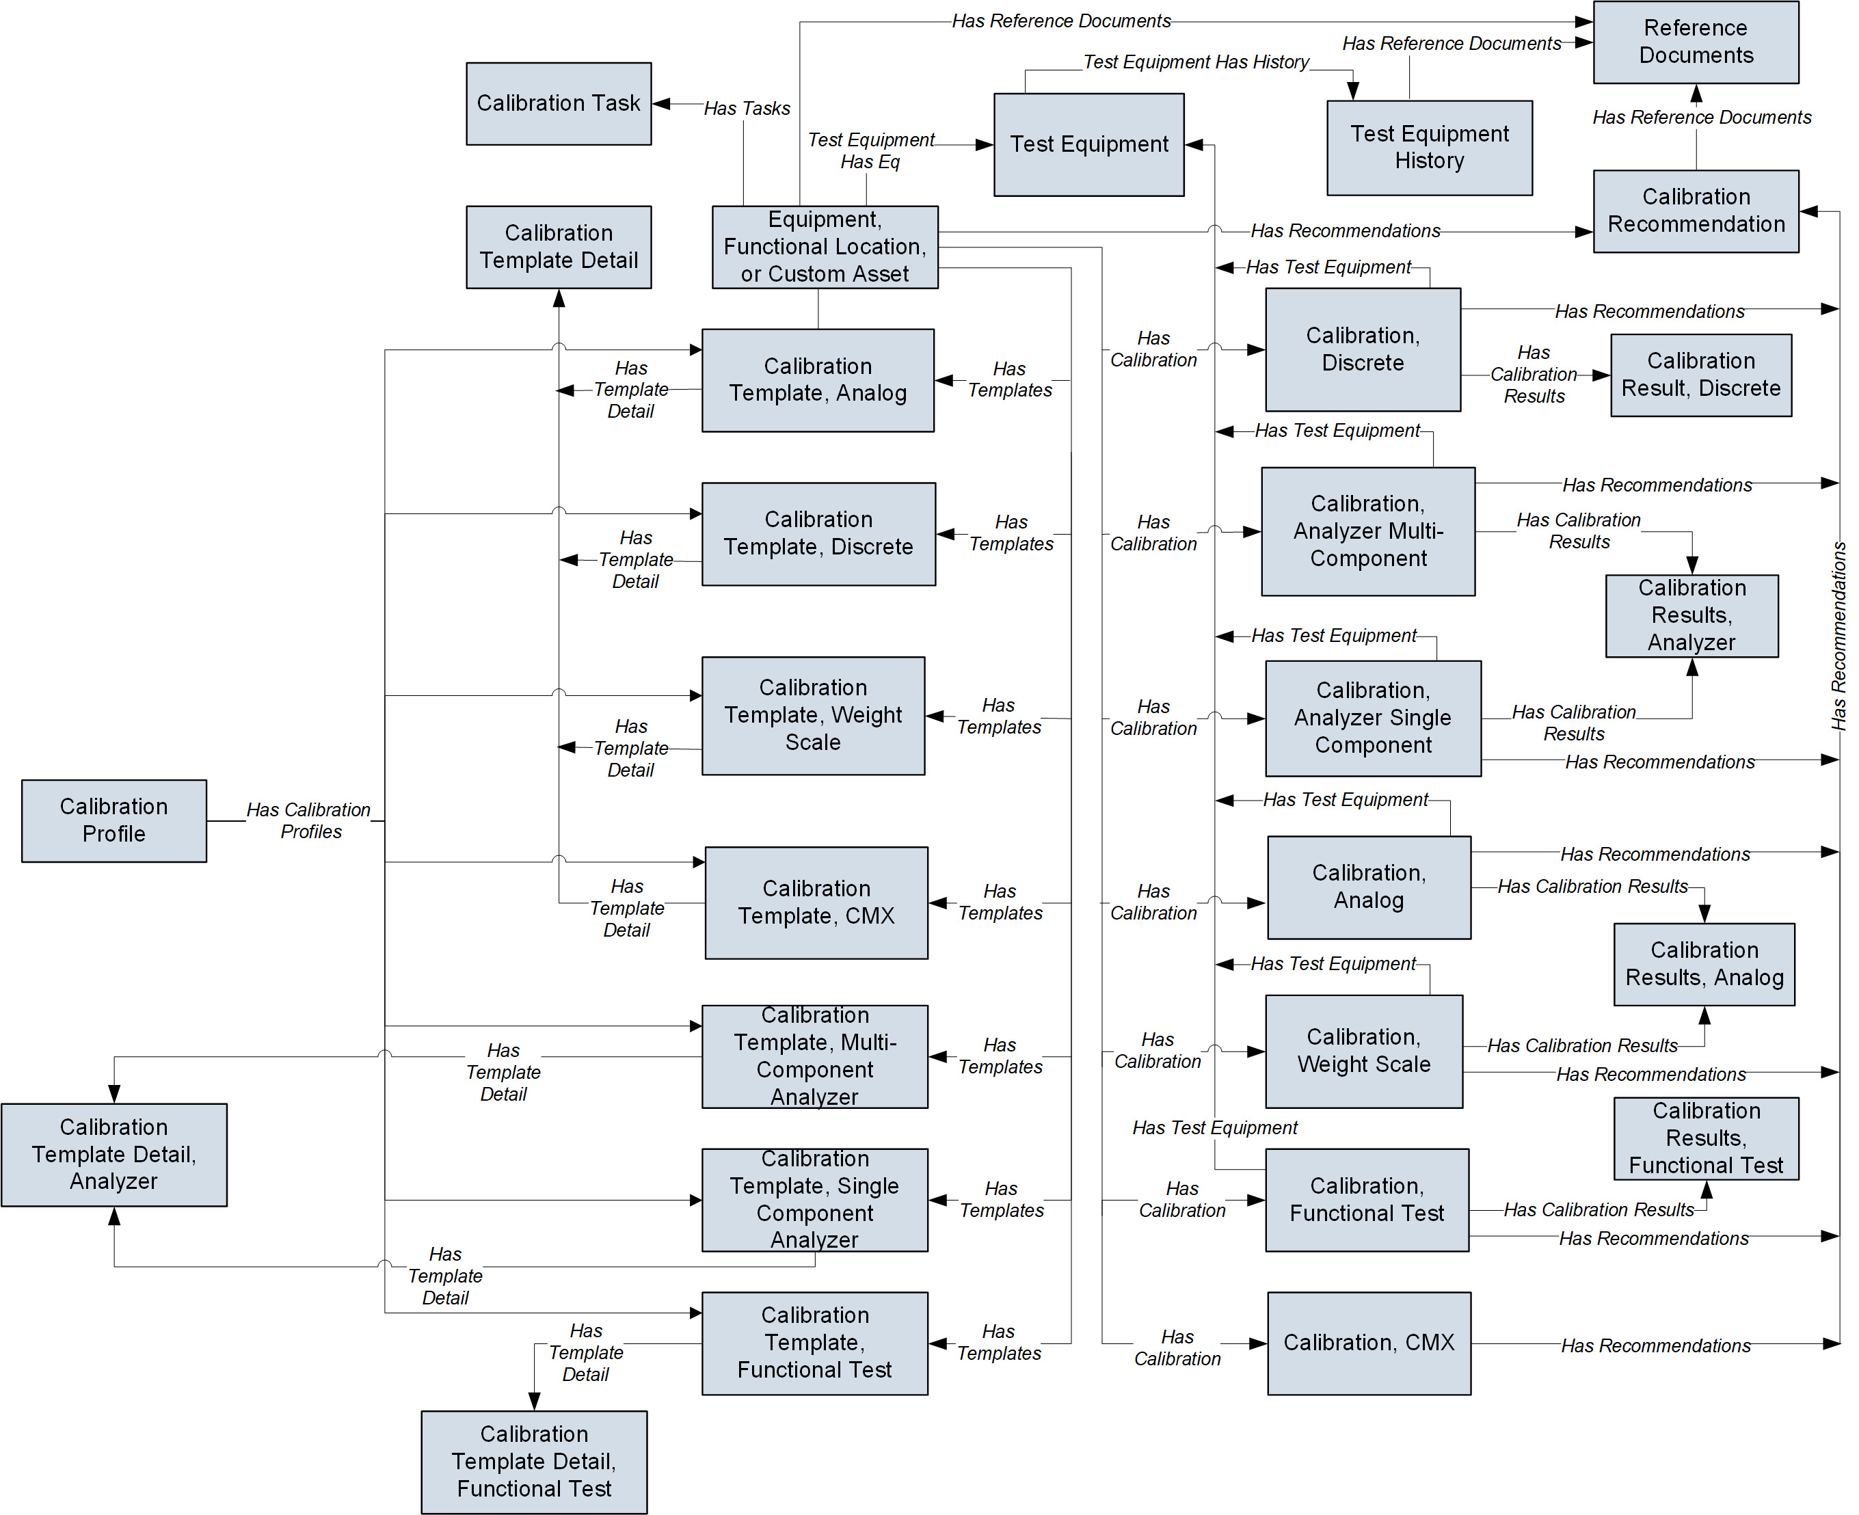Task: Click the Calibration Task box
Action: (x=559, y=103)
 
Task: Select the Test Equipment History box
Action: (x=1429, y=148)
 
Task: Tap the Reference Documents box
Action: (x=1695, y=42)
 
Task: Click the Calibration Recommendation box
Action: (x=1695, y=211)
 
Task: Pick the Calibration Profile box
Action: (x=114, y=820)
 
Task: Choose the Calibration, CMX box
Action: (x=1369, y=1343)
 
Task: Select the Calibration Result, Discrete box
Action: (x=1700, y=375)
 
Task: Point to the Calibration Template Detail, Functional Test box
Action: (x=534, y=1462)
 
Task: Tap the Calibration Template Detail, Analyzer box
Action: (x=114, y=1155)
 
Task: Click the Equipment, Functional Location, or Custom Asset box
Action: (x=825, y=247)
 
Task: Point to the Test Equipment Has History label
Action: (x=1196, y=62)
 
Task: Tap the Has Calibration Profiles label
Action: (x=309, y=820)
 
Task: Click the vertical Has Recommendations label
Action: (x=1839, y=636)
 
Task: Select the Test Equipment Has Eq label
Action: (x=870, y=150)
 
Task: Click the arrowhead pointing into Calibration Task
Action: (x=660, y=104)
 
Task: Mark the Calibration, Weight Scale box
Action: (x=1363, y=1051)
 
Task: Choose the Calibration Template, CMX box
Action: (x=816, y=902)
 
